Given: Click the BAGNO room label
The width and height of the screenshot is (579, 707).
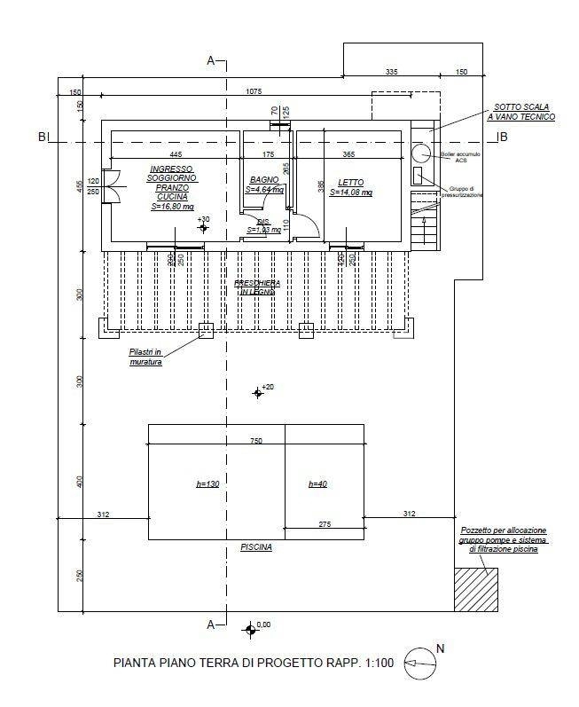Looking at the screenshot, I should (x=264, y=180).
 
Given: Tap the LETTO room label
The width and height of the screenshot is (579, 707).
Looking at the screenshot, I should (x=350, y=181).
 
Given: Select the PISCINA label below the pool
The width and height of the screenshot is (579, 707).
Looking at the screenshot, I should (x=256, y=547).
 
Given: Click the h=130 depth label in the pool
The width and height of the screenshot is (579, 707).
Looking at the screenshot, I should (x=207, y=484).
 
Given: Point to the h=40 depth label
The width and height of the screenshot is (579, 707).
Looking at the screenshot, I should (x=318, y=484).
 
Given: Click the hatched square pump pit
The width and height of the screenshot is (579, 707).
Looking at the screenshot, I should (x=476, y=590).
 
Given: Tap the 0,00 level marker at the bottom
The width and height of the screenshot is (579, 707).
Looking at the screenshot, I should (x=250, y=629).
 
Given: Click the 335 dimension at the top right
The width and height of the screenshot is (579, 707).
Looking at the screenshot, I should (x=392, y=71).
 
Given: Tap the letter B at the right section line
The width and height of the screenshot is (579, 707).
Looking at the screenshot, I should (x=503, y=137).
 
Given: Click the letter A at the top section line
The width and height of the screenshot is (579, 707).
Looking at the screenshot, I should (x=210, y=60).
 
